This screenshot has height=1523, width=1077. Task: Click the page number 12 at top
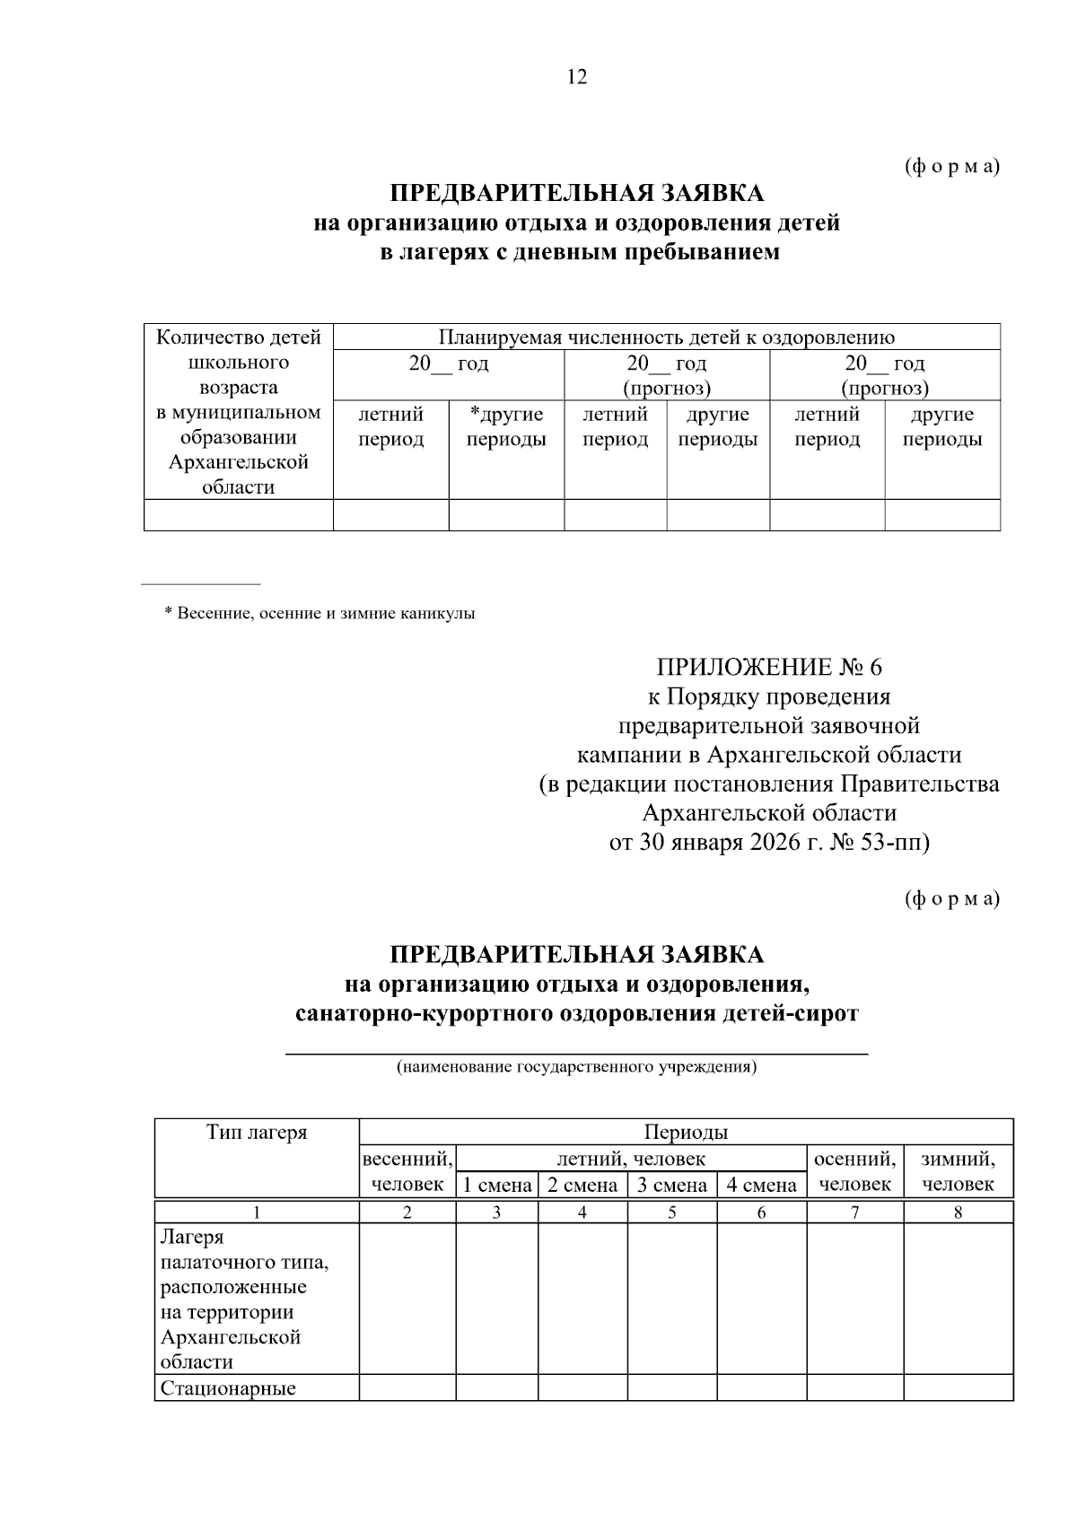click(577, 77)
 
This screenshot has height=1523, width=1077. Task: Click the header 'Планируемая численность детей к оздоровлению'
click(666, 337)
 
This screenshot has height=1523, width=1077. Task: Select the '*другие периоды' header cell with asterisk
click(506, 427)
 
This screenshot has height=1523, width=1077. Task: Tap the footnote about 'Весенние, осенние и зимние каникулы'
click(320, 614)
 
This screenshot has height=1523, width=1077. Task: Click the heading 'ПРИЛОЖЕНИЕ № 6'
click(769, 667)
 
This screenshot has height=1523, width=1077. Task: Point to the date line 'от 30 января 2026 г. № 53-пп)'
click(769, 843)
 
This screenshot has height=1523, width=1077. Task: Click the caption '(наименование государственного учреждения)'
click(576, 1068)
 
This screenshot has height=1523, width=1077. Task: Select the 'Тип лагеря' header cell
click(257, 1133)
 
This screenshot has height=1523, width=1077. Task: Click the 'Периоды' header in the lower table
click(686, 1132)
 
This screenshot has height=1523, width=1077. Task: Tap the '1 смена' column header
click(497, 1186)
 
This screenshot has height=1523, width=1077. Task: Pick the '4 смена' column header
click(761, 1186)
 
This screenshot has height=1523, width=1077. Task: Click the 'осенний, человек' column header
click(854, 1171)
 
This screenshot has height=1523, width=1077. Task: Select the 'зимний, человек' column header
click(958, 1171)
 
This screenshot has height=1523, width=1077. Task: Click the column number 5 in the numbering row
click(671, 1212)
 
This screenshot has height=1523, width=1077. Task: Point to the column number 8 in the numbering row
click(958, 1212)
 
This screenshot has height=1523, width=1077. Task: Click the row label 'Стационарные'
click(228, 1389)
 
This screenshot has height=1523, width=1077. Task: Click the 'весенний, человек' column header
click(407, 1171)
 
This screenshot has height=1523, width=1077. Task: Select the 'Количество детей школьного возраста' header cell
click(238, 412)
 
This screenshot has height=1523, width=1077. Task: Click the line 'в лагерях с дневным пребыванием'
click(579, 253)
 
